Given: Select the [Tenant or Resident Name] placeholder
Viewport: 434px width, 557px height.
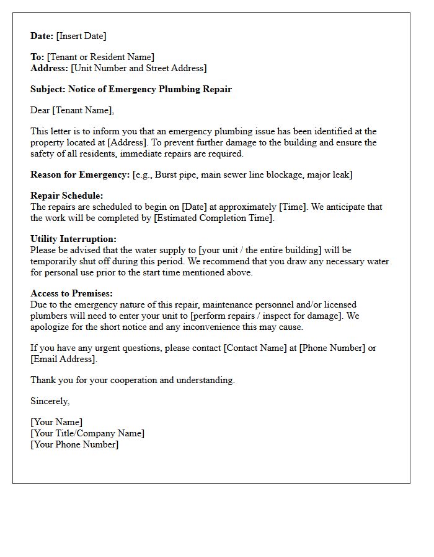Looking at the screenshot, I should tap(100, 57).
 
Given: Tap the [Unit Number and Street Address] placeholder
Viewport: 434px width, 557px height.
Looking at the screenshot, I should tap(139, 68).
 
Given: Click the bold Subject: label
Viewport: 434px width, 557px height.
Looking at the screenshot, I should tap(48, 89).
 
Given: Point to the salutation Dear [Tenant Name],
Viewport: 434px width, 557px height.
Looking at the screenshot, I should tap(73, 110).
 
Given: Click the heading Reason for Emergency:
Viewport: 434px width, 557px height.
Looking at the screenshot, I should tap(80, 175).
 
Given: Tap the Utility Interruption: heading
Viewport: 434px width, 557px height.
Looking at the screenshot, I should tap(73, 239).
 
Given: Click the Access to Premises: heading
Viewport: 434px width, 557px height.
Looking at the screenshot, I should tap(72, 293).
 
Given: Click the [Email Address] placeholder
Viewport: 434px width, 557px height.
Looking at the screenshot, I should tap(63, 359).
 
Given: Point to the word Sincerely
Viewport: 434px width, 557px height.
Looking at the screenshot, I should tap(50, 401).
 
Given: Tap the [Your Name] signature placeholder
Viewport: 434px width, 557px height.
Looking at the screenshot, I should tap(56, 422).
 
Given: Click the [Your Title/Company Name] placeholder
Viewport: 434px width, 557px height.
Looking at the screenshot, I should tap(87, 433).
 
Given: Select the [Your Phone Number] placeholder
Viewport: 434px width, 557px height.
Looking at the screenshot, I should tap(74, 444).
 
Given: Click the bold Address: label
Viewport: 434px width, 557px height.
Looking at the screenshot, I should tap(50, 68).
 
